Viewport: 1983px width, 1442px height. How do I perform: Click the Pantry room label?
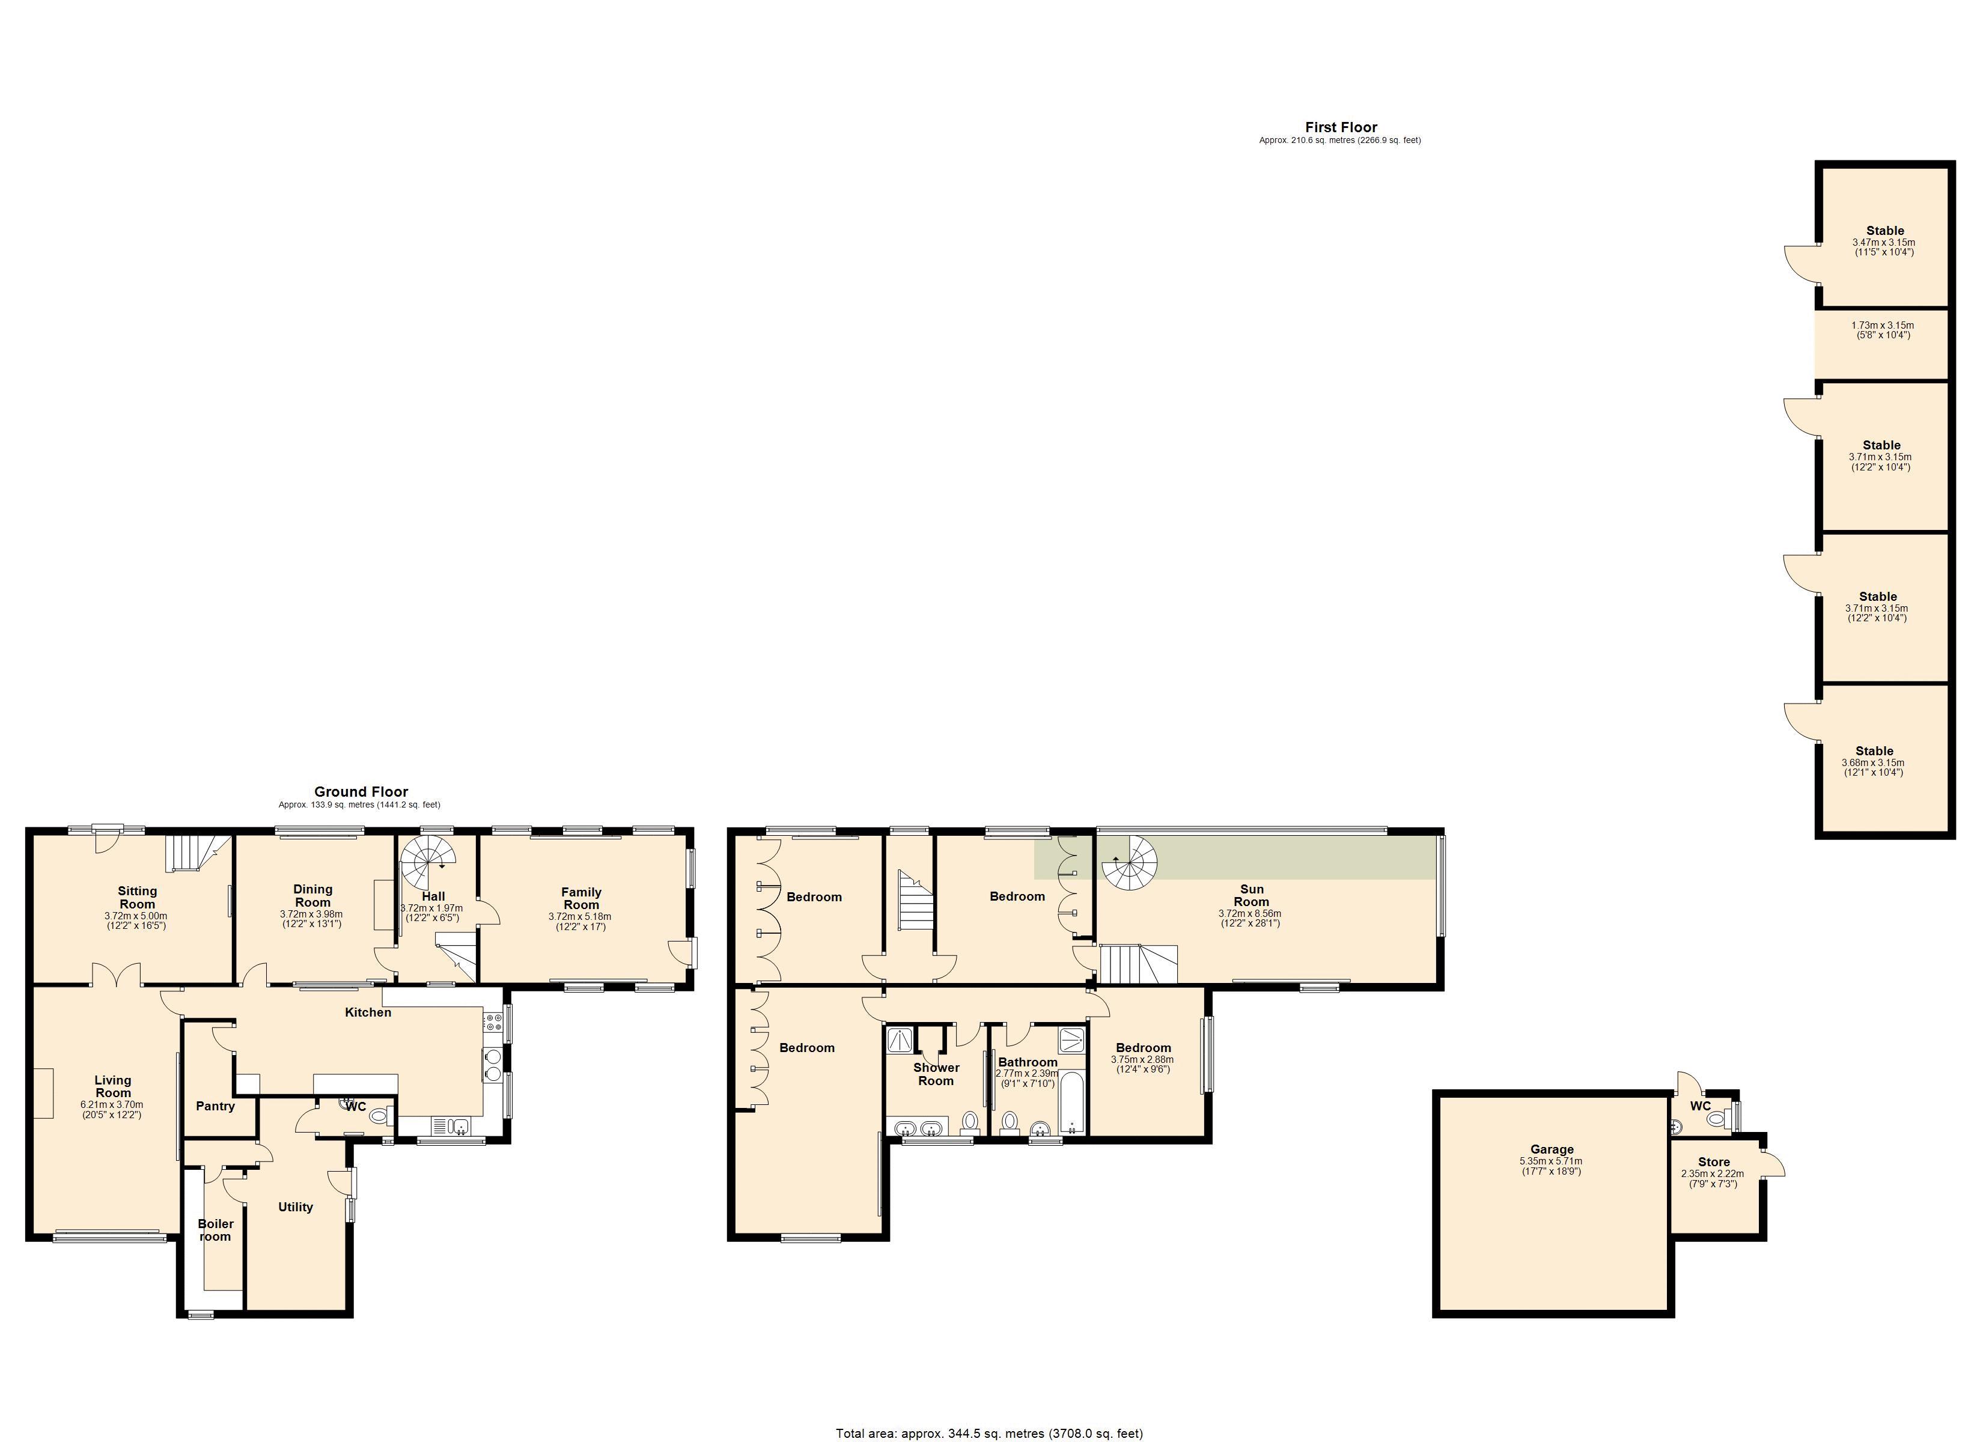click(x=215, y=1106)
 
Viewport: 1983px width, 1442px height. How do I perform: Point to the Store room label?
click(x=1714, y=1162)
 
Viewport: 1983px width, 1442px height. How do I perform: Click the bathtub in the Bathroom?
click(x=1072, y=1106)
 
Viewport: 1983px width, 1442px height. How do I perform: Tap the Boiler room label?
click(x=215, y=1229)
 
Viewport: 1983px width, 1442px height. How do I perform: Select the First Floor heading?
click(x=1341, y=127)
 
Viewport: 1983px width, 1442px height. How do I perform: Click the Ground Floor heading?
click(x=361, y=791)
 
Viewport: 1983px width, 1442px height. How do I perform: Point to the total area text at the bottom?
click(x=989, y=1432)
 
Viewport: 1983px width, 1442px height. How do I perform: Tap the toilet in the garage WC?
click(x=1717, y=1118)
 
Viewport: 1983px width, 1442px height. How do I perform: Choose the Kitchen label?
click(x=368, y=1012)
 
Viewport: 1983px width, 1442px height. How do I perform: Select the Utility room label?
click(x=296, y=1206)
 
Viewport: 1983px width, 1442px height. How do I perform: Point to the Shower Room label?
click(x=936, y=1074)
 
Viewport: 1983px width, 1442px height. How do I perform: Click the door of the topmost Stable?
click(x=1801, y=263)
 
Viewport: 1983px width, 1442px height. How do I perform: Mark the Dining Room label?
click(x=312, y=895)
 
